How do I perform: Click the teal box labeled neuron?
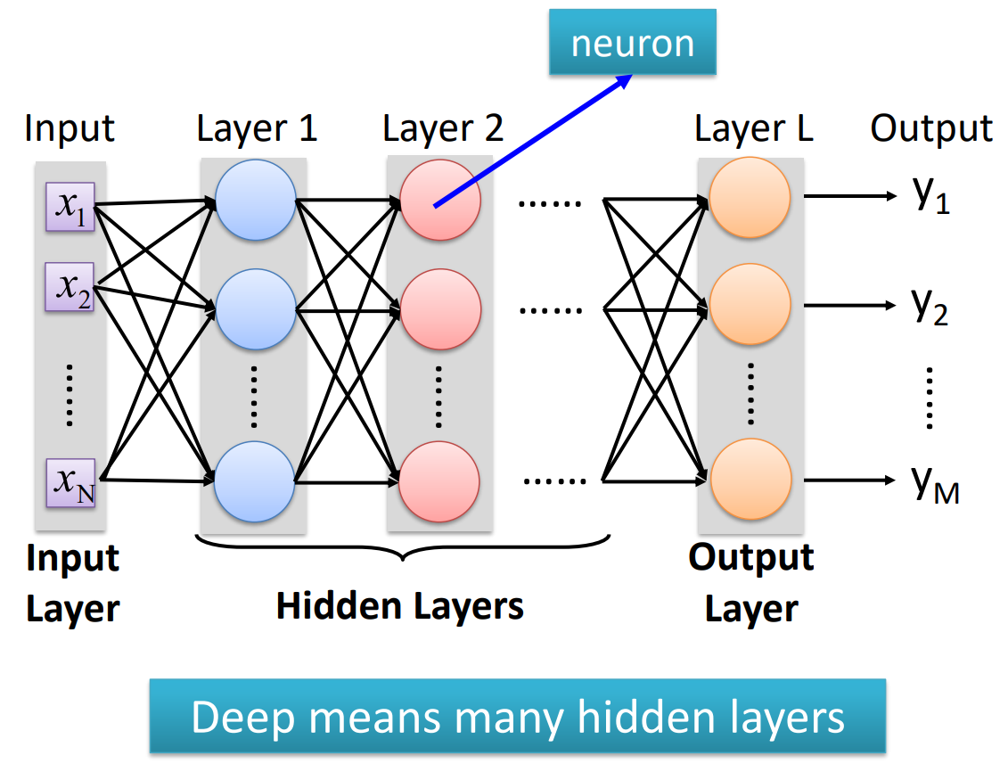tap(632, 42)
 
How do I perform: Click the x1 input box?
tap(71, 205)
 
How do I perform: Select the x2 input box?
tap(71, 287)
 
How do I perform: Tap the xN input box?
tap(71, 480)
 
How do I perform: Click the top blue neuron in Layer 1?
tap(256, 200)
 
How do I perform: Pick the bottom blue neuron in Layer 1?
tap(256, 480)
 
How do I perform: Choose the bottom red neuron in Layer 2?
tap(440, 480)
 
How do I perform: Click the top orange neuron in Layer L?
tap(750, 200)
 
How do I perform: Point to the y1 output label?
tap(931, 196)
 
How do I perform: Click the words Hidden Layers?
tap(399, 606)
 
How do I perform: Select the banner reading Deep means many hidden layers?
tap(517, 716)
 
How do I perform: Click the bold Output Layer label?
tap(751, 583)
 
